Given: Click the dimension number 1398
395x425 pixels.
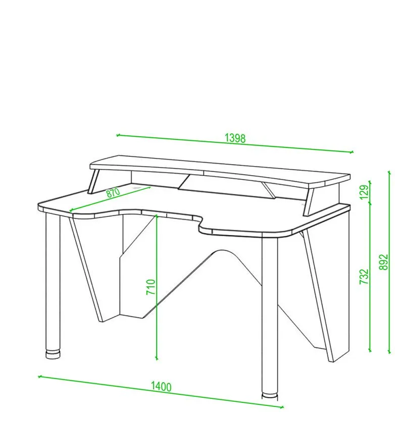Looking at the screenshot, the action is tap(235, 138).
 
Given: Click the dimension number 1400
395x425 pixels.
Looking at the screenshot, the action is tap(161, 387).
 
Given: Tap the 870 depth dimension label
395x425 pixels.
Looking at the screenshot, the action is tap(113, 193).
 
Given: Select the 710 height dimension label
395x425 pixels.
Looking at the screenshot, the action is tap(151, 287).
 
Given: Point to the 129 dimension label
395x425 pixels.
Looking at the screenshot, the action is tap(364, 192).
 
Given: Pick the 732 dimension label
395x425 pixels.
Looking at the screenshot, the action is tap(364, 277).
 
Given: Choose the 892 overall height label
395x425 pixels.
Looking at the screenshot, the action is tap(384, 262).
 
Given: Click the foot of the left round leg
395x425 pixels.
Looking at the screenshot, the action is tap(53, 354).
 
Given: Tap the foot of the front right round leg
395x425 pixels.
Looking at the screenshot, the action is tap(270, 396).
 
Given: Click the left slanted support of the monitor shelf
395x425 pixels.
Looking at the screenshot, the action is tap(94, 181).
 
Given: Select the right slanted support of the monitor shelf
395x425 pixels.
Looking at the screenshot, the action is tap(309, 202).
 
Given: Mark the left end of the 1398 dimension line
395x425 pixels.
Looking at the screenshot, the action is tap(117, 135).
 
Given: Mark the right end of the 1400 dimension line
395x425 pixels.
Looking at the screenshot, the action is tap(282, 407).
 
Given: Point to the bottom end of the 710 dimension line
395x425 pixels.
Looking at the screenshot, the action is tap(157, 359).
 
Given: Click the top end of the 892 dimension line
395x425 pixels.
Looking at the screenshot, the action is tap(389, 172).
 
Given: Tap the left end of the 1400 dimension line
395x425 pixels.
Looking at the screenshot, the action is tap(39, 376).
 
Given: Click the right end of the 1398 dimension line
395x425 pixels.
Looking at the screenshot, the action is tap(352, 152).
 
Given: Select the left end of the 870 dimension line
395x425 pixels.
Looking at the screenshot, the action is tap(71, 210).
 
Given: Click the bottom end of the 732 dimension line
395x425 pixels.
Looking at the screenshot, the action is tap(370, 351).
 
